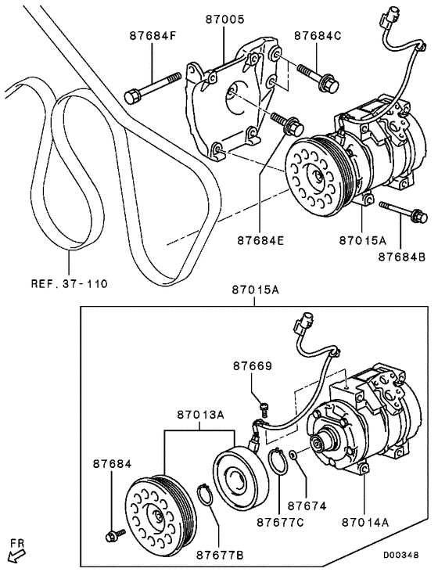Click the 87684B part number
401,256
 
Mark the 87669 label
253,365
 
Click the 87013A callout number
200,413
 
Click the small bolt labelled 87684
113,535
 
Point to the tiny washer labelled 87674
292,454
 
